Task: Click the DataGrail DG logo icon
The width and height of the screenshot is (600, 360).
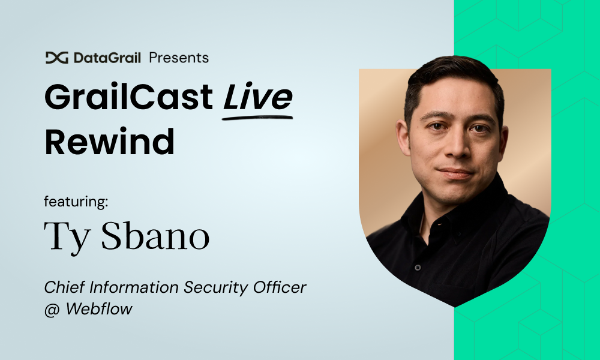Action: pyautogui.click(x=56, y=58)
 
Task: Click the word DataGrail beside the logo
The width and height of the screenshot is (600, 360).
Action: pyautogui.click(x=107, y=58)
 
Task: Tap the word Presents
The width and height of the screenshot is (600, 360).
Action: pyautogui.click(x=179, y=58)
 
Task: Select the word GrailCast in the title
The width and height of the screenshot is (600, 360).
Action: pyautogui.click(x=128, y=97)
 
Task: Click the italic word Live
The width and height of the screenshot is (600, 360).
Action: pyautogui.click(x=258, y=97)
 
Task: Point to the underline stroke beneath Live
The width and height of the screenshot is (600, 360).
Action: pyautogui.click(x=257, y=118)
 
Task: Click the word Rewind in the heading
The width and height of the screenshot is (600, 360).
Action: pyautogui.click(x=109, y=142)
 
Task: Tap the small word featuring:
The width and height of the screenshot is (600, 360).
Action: pyautogui.click(x=76, y=201)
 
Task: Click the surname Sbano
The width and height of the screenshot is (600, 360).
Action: pyautogui.click(x=155, y=236)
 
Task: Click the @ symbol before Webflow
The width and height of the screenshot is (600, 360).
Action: pyautogui.click(x=52, y=309)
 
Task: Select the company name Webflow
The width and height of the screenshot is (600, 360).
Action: pyautogui.click(x=99, y=308)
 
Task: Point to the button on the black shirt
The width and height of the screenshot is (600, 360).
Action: pyautogui.click(x=418, y=268)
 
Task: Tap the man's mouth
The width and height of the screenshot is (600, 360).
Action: pyautogui.click(x=456, y=173)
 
